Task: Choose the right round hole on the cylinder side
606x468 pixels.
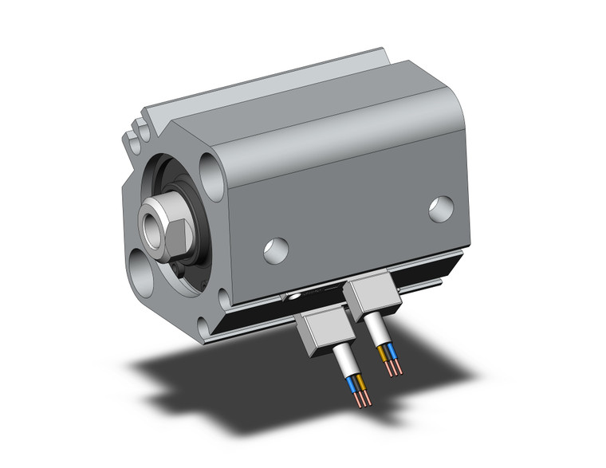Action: pyautogui.click(x=439, y=208)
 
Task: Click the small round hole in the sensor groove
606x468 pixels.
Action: pyautogui.click(x=297, y=298)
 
